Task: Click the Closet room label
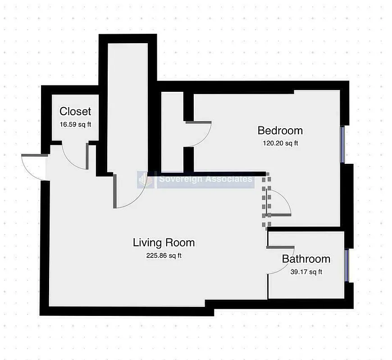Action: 75,111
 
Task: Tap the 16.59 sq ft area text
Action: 75,124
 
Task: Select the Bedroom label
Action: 280,130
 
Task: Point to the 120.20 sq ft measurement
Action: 280,144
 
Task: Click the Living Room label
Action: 164,243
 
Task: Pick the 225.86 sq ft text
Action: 164,256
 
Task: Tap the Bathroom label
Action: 306,259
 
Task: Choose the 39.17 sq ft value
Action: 306,272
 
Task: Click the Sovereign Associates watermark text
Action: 205,180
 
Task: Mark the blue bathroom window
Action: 346,265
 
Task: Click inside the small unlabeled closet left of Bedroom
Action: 172,135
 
